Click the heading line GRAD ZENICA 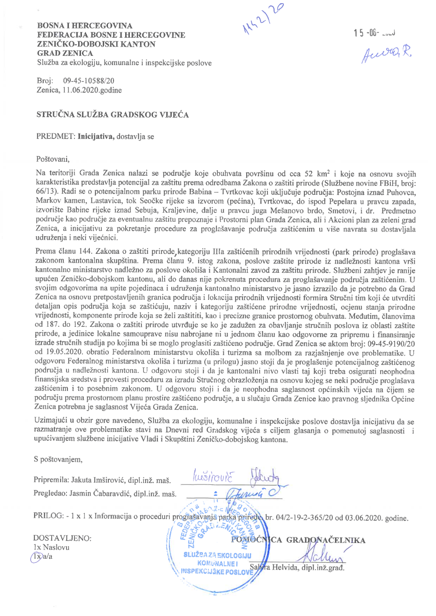click(65, 53)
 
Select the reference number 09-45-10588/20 click(88, 81)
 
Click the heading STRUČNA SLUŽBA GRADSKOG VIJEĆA click(113, 115)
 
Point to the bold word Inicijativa click(96, 137)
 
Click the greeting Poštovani click(53, 159)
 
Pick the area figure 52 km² click(317, 173)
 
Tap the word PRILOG click(48, 516)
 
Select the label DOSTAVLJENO click(62, 538)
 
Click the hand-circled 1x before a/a click(37, 556)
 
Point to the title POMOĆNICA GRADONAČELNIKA click(298, 540)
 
